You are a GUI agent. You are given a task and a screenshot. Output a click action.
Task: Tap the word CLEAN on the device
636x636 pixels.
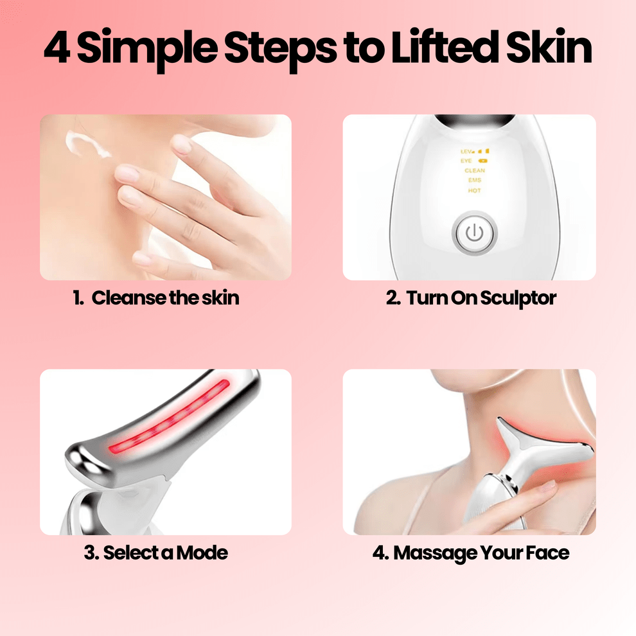coord(475,171)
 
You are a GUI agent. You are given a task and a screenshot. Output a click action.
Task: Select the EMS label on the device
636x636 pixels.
coord(475,181)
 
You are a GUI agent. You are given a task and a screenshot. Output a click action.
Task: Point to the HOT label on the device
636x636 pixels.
coord(475,191)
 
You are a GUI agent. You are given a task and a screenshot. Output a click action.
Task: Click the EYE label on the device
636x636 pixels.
coord(467,161)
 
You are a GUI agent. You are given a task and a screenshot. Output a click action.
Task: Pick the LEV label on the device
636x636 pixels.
coord(467,151)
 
